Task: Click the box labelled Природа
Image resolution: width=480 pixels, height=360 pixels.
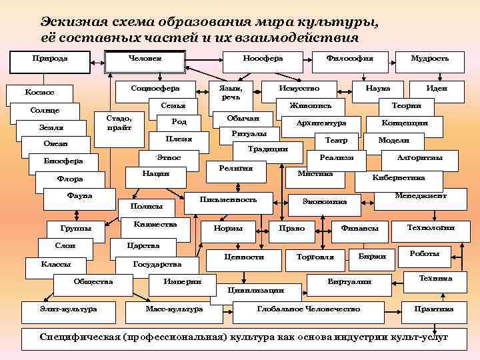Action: click(50, 59)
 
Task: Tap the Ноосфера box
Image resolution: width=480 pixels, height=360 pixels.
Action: click(263, 59)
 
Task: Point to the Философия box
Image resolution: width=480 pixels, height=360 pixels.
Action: click(349, 59)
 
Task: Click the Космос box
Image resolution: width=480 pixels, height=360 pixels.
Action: click(40, 93)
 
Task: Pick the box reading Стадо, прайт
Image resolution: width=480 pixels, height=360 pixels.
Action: click(119, 122)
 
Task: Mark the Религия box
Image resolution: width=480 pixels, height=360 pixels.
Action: click(236, 169)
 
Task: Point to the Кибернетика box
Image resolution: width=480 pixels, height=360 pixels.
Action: click(399, 178)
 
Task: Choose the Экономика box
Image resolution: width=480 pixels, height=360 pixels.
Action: click(325, 201)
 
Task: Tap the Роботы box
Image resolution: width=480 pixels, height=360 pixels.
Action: click(425, 254)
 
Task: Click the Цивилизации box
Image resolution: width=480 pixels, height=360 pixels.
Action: click(256, 291)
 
